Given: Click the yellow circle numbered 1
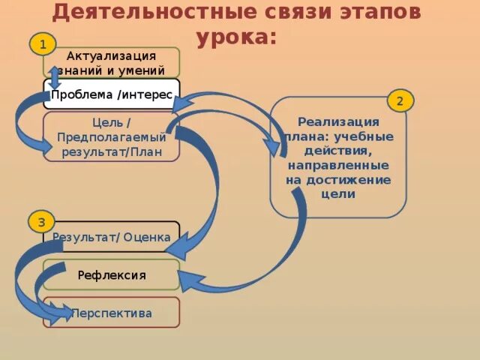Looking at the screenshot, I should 43,44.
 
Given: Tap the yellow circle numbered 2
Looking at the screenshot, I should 400,100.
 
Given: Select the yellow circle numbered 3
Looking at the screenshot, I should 42,222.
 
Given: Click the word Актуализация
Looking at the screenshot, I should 112,56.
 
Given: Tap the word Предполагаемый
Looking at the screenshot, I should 112,137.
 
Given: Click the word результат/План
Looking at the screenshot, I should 112,151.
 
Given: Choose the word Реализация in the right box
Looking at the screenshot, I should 338,121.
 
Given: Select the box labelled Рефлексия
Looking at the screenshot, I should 112,274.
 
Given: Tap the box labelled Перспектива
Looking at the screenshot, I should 112,313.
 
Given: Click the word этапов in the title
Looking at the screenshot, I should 375,12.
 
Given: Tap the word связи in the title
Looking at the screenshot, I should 289,12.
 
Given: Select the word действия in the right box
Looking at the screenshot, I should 338,151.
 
